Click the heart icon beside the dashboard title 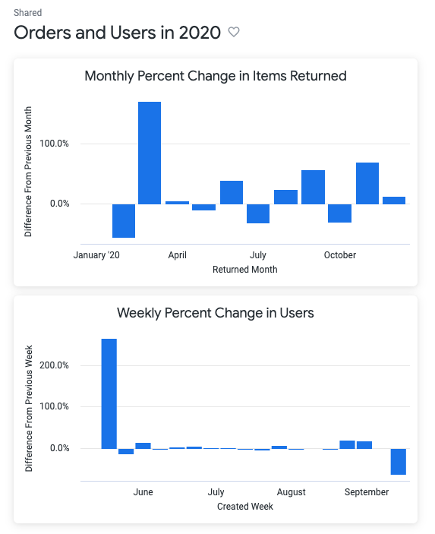(x=234, y=33)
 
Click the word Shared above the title (x=28, y=13)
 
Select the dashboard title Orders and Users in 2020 (x=118, y=33)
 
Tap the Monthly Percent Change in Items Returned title (x=216, y=76)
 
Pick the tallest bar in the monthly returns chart (x=150, y=153)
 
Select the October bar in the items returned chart (x=339, y=213)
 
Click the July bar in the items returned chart (x=258, y=213)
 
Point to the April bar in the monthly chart (x=177, y=203)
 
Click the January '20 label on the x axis (x=96, y=255)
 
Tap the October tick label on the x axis (x=339, y=255)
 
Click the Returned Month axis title (x=244, y=270)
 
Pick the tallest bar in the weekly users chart (x=109, y=393)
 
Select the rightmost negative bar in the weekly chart (x=398, y=462)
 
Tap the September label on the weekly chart (x=367, y=492)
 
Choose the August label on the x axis (x=291, y=492)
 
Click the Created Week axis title (x=244, y=507)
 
